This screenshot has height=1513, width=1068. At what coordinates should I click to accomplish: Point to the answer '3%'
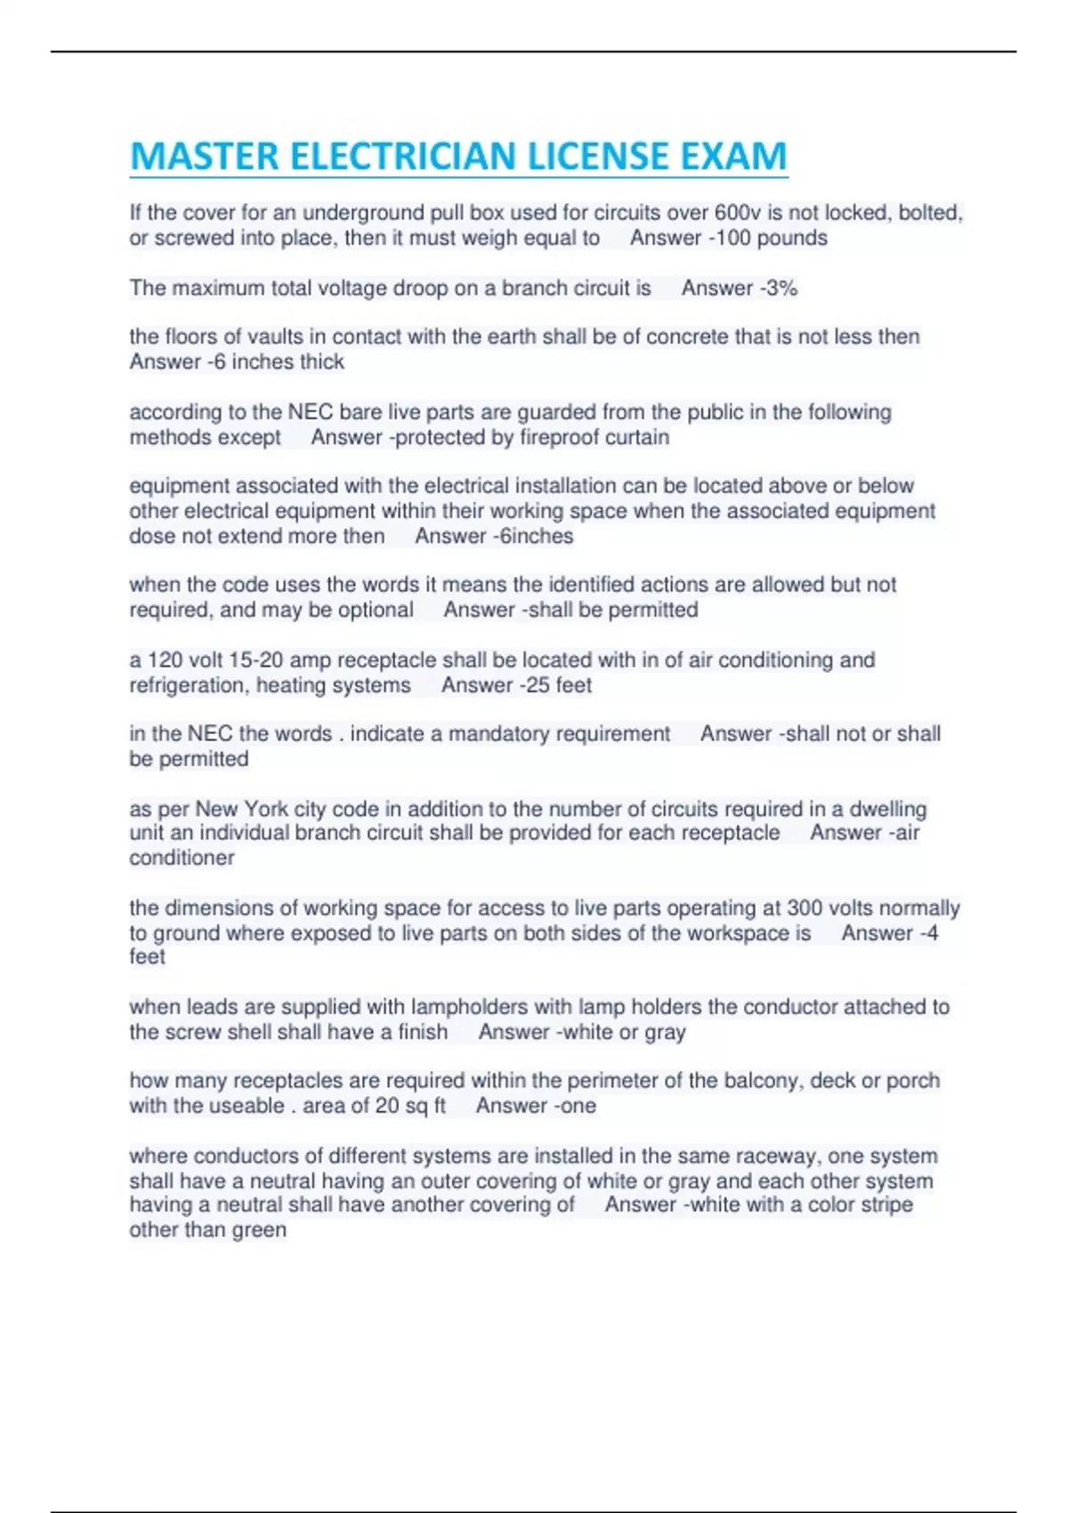coord(781,288)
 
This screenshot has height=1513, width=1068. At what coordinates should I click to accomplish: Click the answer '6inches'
coord(537,537)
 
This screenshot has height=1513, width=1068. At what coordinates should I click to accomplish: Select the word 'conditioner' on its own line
coord(182,858)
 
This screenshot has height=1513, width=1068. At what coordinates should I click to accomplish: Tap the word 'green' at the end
coord(259,1230)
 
